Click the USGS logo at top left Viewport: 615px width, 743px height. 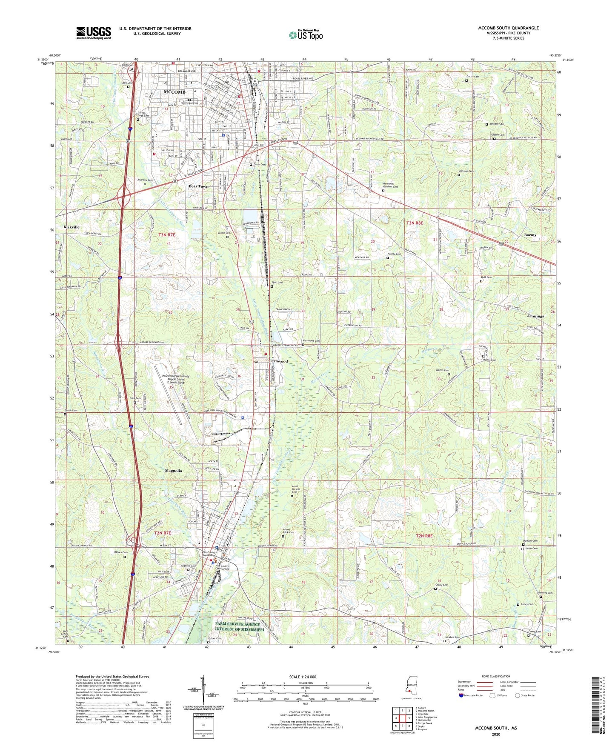pos(94,33)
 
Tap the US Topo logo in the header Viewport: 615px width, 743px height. pos(306,34)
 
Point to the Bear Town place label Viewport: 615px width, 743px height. pos(199,186)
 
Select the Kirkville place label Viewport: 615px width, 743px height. pos(72,227)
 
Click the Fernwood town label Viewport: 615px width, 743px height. pos(278,361)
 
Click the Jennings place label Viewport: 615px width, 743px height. pos(535,316)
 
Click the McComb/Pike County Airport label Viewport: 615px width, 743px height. pos(176,379)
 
